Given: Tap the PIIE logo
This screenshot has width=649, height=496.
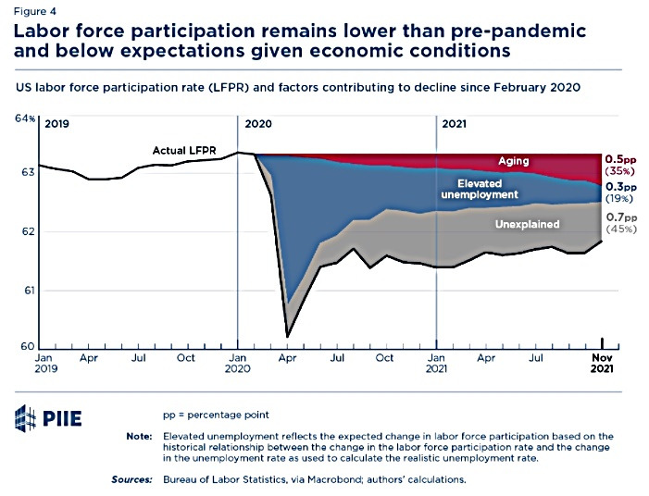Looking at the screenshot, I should click(x=48, y=418).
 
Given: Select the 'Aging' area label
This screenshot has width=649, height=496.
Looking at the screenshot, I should click(x=514, y=161).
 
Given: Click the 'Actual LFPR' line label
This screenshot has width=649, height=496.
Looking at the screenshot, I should click(x=184, y=150).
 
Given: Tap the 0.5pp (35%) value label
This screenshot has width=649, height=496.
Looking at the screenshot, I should click(x=621, y=165).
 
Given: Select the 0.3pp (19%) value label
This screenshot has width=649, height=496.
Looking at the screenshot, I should click(x=621, y=192).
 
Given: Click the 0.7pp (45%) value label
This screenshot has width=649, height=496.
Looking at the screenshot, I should click(x=621, y=222).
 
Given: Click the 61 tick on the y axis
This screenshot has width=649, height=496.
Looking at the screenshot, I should click(x=29, y=291).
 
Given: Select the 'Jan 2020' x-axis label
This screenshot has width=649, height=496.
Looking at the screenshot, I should click(x=239, y=362).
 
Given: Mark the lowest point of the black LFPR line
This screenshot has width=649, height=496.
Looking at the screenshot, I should click(x=287, y=336).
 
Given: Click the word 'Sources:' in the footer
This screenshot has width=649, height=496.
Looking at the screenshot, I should click(x=134, y=479).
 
